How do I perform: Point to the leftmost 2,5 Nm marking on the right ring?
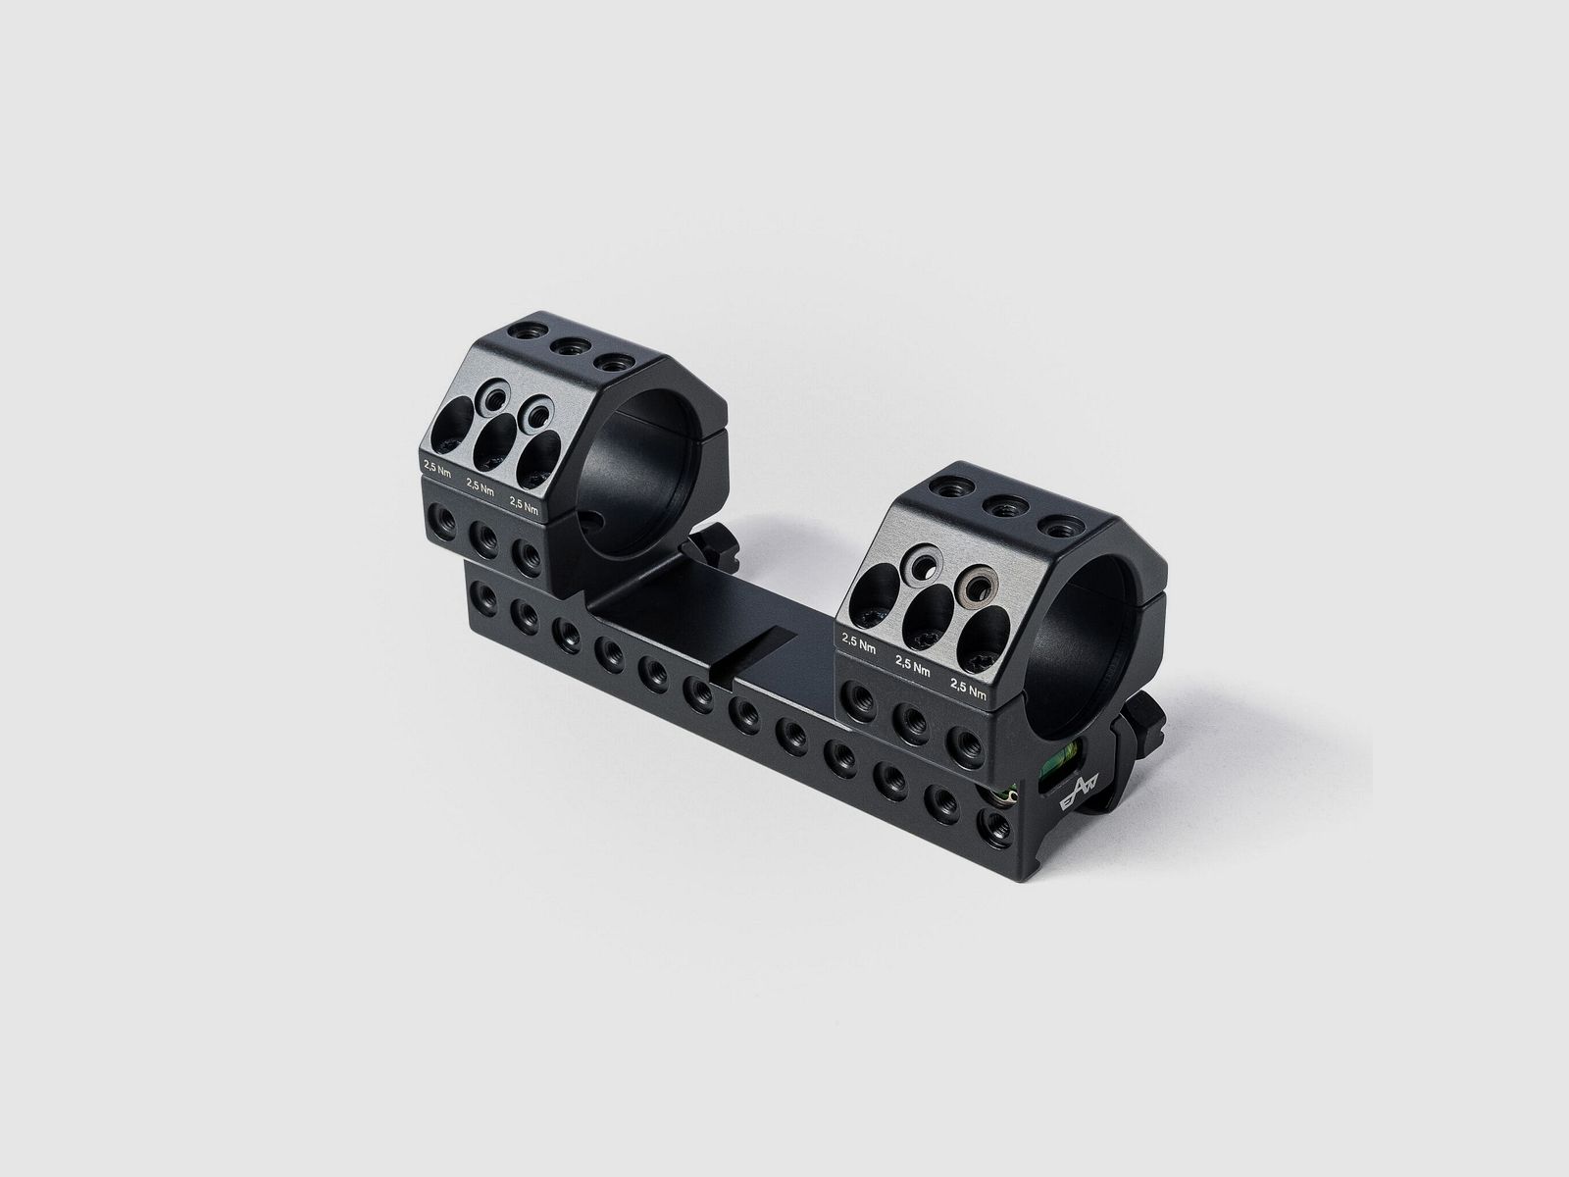point(858,642)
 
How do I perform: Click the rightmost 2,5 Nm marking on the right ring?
point(968,688)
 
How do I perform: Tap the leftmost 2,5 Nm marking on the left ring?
point(437,469)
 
